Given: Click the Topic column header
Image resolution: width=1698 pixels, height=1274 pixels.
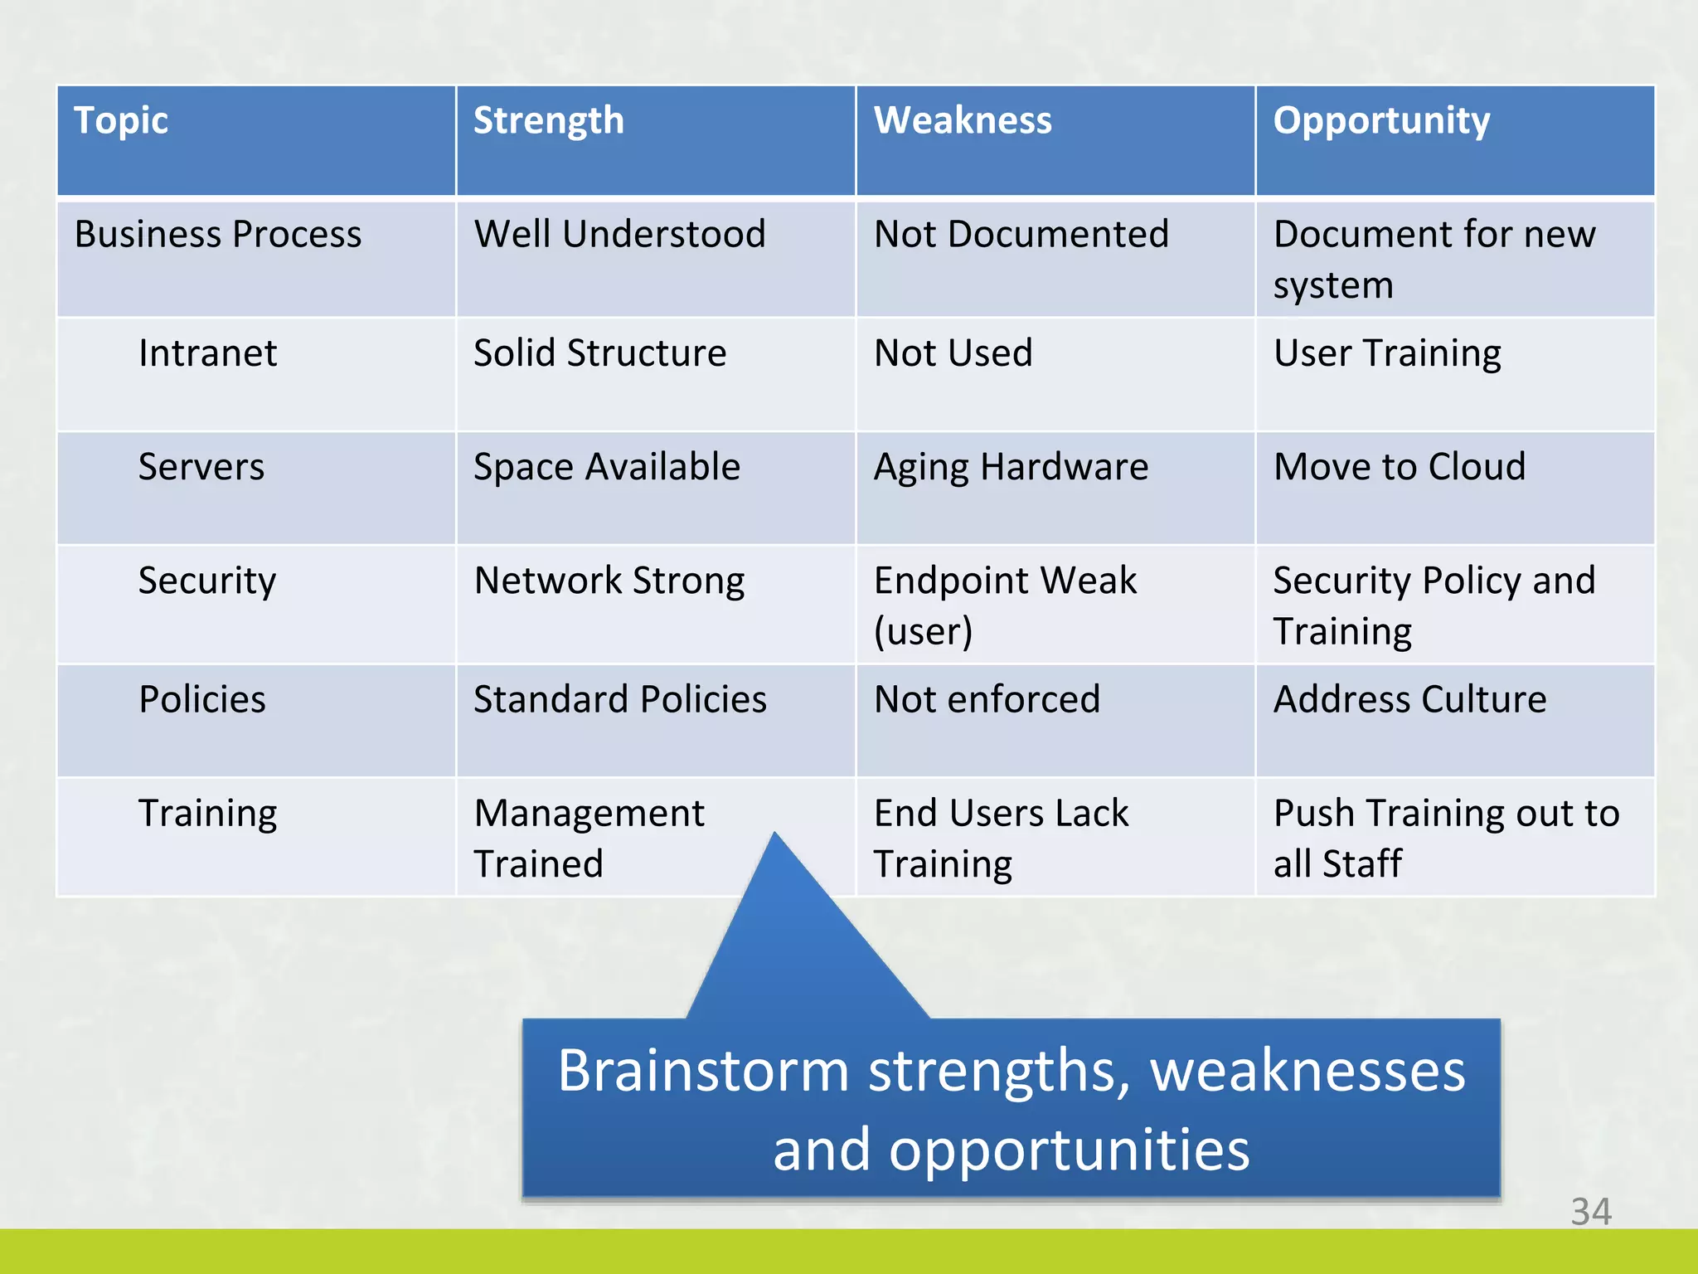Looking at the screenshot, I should pyautogui.click(x=121, y=121).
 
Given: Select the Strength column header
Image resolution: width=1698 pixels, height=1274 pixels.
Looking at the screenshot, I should pyautogui.click(x=548, y=121).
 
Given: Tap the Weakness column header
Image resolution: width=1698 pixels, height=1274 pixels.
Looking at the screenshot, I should pyautogui.click(x=963, y=121).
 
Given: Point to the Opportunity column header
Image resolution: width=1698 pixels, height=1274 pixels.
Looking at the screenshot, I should pyautogui.click(x=1381, y=121).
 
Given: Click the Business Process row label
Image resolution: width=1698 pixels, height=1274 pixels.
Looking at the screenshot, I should pyautogui.click(x=218, y=235).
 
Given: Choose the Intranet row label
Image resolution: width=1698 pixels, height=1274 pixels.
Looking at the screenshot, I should pyautogui.click(x=207, y=353).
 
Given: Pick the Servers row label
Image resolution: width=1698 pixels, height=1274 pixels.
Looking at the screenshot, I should pyautogui.click(x=201, y=467).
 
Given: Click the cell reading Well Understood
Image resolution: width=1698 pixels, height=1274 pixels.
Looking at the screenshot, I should pyautogui.click(x=619, y=235).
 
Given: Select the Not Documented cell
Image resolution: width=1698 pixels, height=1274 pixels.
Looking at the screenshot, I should pyautogui.click(x=1021, y=235).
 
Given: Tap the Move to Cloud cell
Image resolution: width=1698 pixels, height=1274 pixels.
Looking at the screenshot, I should pyautogui.click(x=1400, y=467).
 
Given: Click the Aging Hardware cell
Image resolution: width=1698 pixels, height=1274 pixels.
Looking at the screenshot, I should pyautogui.click(x=1012, y=467).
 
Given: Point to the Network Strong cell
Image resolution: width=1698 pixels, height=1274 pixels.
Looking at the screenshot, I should pyautogui.click(x=609, y=581).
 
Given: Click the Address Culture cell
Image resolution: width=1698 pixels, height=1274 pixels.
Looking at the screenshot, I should pyautogui.click(x=1409, y=699).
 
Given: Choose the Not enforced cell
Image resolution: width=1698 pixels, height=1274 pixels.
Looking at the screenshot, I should pyautogui.click(x=987, y=699).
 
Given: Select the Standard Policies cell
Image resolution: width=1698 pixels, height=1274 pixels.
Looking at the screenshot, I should pyautogui.click(x=620, y=699).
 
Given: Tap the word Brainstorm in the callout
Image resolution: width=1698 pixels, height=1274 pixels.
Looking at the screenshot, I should pyautogui.click(x=703, y=1071).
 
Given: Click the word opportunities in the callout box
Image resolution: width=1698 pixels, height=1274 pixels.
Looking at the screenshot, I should pyautogui.click(x=1069, y=1150).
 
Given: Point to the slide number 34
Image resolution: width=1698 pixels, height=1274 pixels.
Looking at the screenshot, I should pyautogui.click(x=1590, y=1212).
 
